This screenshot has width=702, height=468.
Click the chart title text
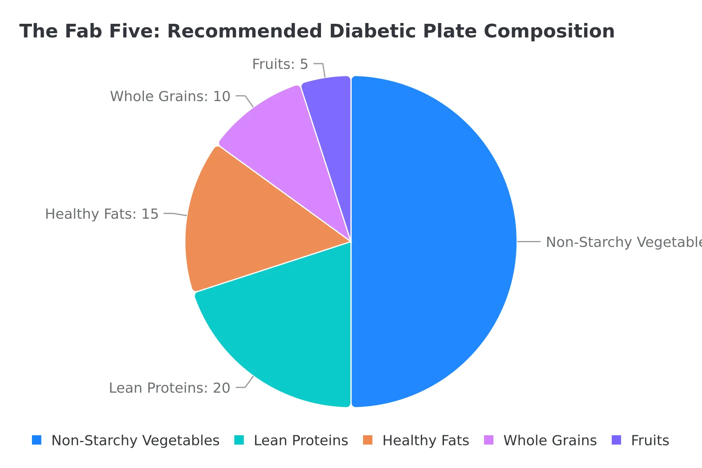pyautogui.click(x=317, y=31)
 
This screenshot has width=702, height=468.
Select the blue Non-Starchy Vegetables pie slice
pyautogui.click(x=433, y=242)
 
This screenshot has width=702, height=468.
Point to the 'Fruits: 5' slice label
pyautogui.click(x=280, y=64)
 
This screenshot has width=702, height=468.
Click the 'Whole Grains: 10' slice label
pyautogui.click(x=170, y=96)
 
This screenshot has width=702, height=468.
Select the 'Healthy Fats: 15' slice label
pyautogui.click(x=102, y=214)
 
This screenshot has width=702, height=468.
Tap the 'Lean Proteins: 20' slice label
pyautogui.click(x=169, y=388)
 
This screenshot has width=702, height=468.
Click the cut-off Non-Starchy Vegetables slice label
pyautogui.click(x=623, y=242)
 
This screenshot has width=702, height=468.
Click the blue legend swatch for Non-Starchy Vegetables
pyautogui.click(x=37, y=440)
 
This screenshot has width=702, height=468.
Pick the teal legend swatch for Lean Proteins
pyautogui.click(x=239, y=440)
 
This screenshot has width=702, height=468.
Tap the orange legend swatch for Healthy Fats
pyautogui.click(x=368, y=440)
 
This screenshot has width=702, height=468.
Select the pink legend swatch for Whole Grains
pyautogui.click(x=489, y=440)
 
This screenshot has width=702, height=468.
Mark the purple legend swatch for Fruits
pyautogui.click(x=616, y=440)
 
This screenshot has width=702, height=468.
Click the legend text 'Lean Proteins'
pyautogui.click(x=301, y=440)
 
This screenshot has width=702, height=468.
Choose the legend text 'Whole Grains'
pyautogui.click(x=550, y=440)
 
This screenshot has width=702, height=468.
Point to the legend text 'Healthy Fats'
pyautogui.click(x=425, y=440)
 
